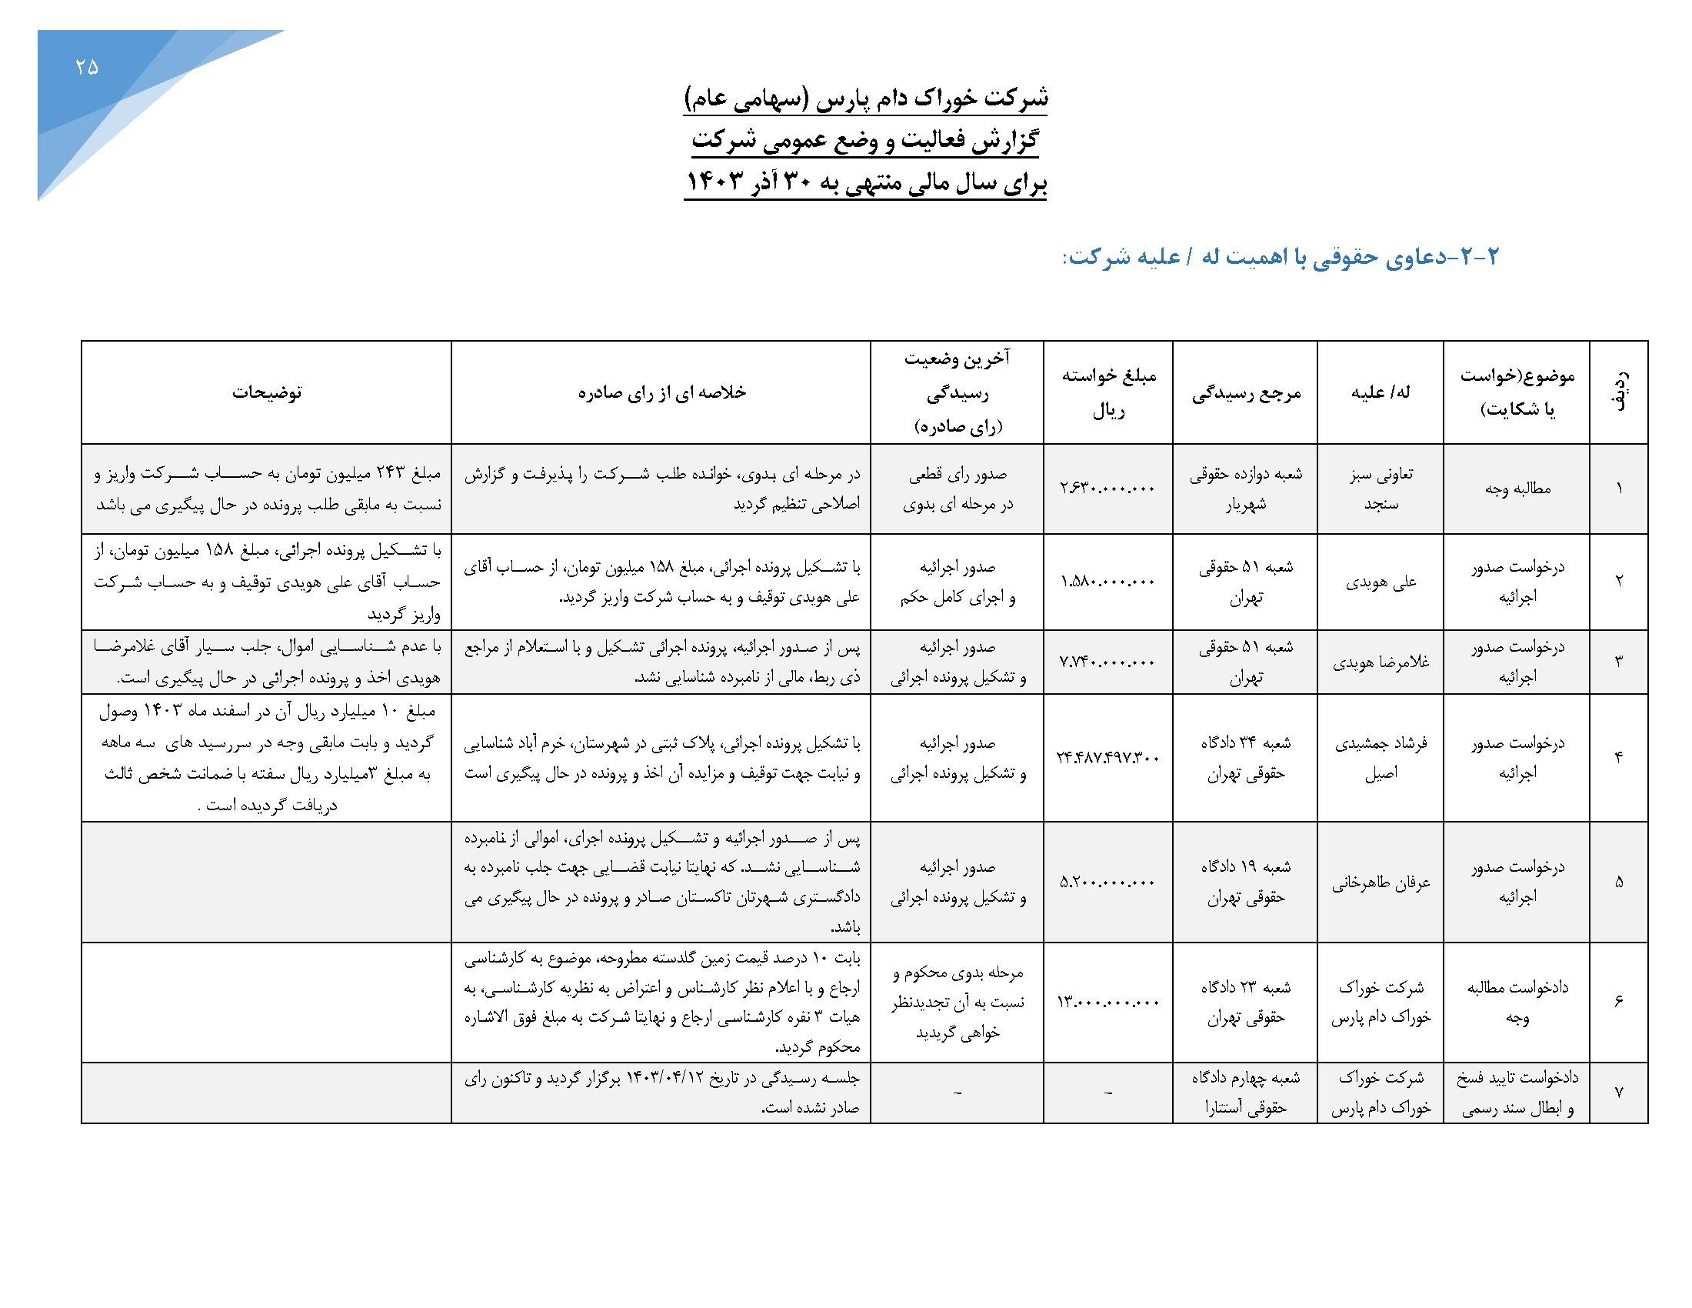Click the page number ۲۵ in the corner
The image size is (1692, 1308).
pyautogui.click(x=87, y=68)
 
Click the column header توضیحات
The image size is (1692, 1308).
pyautogui.click(x=267, y=392)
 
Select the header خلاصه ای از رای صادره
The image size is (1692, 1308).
pyautogui.click(x=661, y=392)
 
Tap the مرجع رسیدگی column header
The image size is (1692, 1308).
pyautogui.click(x=1245, y=393)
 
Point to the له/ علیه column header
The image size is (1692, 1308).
pyautogui.click(x=1380, y=392)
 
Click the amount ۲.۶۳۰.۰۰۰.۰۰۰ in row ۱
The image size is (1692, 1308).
pyautogui.click(x=1107, y=488)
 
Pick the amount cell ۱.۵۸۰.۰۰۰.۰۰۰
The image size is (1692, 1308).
pyautogui.click(x=1107, y=581)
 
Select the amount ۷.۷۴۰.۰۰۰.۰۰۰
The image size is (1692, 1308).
pyautogui.click(x=1107, y=662)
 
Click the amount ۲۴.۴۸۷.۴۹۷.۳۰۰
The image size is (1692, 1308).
pyautogui.click(x=1107, y=757)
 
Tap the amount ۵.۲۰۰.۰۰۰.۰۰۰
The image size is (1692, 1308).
pyautogui.click(x=1107, y=882)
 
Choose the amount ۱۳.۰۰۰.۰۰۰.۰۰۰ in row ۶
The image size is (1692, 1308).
pyautogui.click(x=1107, y=1002)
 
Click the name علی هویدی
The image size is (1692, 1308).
pyautogui.click(x=1381, y=581)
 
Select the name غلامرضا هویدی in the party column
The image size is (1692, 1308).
pyautogui.click(x=1381, y=662)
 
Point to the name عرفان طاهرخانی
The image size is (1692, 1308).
pyautogui.click(x=1381, y=882)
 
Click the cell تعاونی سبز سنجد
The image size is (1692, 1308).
pyautogui.click(x=1381, y=488)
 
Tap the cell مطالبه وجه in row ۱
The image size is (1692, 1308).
pyautogui.click(x=1517, y=488)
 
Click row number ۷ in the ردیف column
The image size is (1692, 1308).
pyautogui.click(x=1618, y=1093)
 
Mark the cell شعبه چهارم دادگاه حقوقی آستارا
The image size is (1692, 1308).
pyautogui.click(x=1245, y=1093)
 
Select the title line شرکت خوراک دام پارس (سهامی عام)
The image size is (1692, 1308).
pyautogui.click(x=864, y=98)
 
